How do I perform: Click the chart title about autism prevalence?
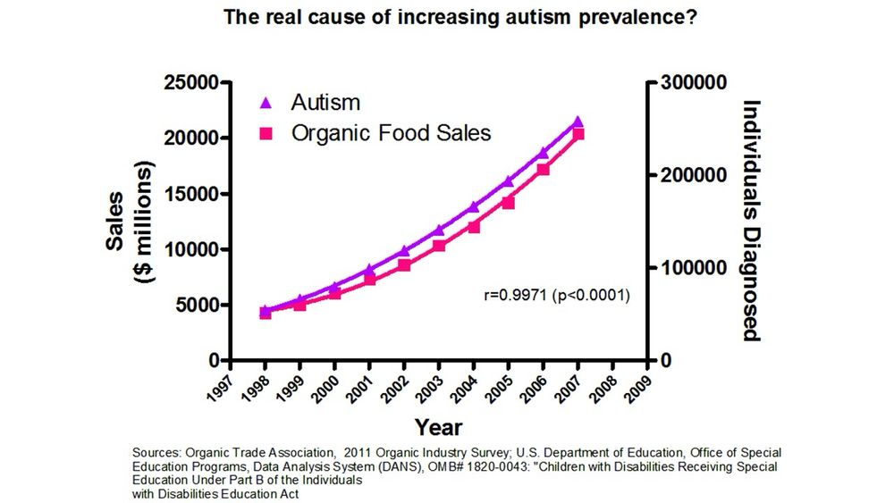coord(446,16)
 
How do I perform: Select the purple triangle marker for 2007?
coord(578,122)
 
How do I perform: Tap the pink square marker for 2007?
coord(578,134)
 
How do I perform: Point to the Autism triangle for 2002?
coord(404,251)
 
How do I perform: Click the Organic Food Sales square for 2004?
coord(474,227)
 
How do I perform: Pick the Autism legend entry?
coord(325,102)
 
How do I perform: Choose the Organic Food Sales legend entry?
coord(391,133)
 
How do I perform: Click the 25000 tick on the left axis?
coord(192,83)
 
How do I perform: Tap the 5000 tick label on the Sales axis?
coord(197,305)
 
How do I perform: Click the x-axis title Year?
coord(438,426)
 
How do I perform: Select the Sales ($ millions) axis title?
coord(127,222)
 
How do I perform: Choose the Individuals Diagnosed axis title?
coord(751,221)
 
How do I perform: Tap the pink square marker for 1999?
coord(300,305)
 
